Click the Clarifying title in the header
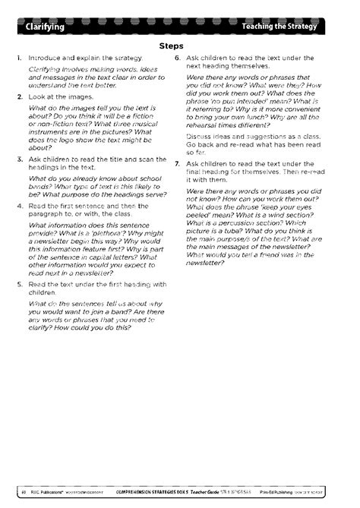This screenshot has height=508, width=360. click(45, 27)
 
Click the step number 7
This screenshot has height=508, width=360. click(177, 163)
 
